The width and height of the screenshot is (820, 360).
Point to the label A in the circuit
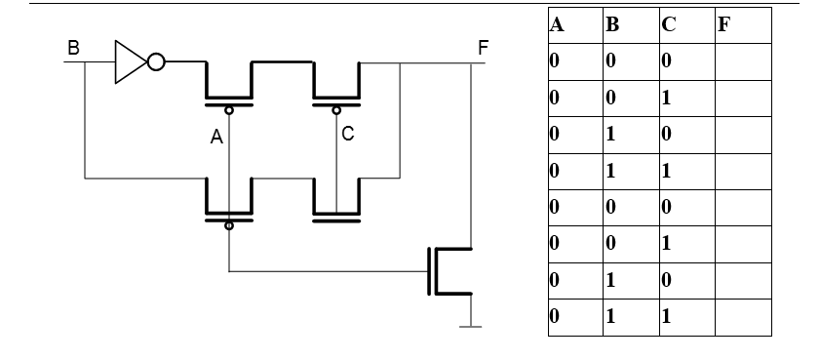216,139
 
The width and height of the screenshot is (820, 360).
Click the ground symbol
472,325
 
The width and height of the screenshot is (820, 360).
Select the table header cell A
559,24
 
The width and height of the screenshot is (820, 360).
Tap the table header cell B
612,24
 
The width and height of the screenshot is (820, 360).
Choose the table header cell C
668,24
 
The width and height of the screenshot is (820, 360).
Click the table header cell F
723,24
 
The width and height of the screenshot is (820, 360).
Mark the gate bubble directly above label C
336,109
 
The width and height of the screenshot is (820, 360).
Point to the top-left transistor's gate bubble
229,109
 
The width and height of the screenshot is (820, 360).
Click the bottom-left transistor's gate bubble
229,225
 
